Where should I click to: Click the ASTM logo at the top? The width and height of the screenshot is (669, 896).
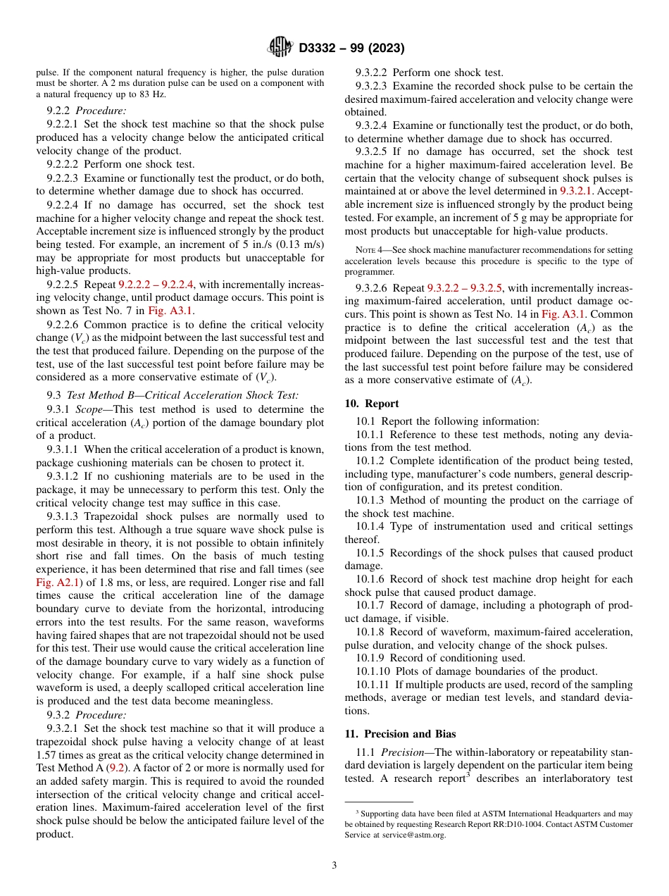(x=280, y=48)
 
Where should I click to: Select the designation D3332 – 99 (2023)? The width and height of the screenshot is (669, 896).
(x=351, y=49)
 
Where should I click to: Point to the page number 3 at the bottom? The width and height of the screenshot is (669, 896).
(x=334, y=865)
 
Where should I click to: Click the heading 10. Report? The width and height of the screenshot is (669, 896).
(x=371, y=404)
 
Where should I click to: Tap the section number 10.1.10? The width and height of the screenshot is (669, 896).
(x=373, y=671)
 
